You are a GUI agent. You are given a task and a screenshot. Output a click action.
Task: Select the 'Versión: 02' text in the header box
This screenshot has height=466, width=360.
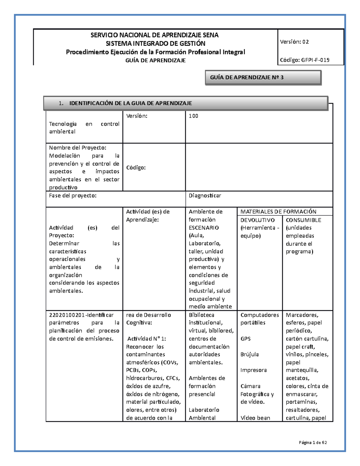click(294, 42)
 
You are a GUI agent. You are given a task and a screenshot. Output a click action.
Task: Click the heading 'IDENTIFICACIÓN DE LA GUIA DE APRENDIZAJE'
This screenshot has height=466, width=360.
click(130, 103)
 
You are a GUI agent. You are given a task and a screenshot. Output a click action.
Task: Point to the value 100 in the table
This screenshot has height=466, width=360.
click(193, 116)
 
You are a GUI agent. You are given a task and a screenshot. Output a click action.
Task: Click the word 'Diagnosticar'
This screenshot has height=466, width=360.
click(205, 196)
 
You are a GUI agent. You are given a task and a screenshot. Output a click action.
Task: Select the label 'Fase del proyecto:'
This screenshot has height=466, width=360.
click(73, 196)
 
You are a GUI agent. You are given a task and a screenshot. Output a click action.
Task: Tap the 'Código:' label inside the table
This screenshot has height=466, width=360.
click(136, 167)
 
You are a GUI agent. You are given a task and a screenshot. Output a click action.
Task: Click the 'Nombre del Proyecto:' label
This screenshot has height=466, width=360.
click(77, 148)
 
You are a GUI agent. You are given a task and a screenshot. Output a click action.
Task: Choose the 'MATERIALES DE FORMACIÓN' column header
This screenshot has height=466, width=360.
click(278, 212)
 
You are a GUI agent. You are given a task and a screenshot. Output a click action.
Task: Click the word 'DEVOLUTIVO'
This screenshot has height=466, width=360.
click(257, 220)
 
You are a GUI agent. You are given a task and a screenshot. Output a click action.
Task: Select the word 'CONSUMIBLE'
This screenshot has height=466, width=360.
click(303, 220)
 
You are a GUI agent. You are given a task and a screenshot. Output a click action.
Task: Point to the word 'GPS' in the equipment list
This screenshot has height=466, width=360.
click(245, 338)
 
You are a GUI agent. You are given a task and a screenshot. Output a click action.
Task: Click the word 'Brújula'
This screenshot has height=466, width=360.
click(249, 354)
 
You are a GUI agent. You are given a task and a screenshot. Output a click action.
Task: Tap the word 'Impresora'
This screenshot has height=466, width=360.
click(253, 370)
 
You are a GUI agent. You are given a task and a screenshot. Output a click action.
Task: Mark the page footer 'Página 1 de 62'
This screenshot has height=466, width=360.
click(313, 442)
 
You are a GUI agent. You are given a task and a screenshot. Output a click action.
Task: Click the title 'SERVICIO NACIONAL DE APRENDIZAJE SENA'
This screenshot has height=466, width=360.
click(154, 35)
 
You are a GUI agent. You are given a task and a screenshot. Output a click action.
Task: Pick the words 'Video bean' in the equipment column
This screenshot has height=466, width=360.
click(255, 418)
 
